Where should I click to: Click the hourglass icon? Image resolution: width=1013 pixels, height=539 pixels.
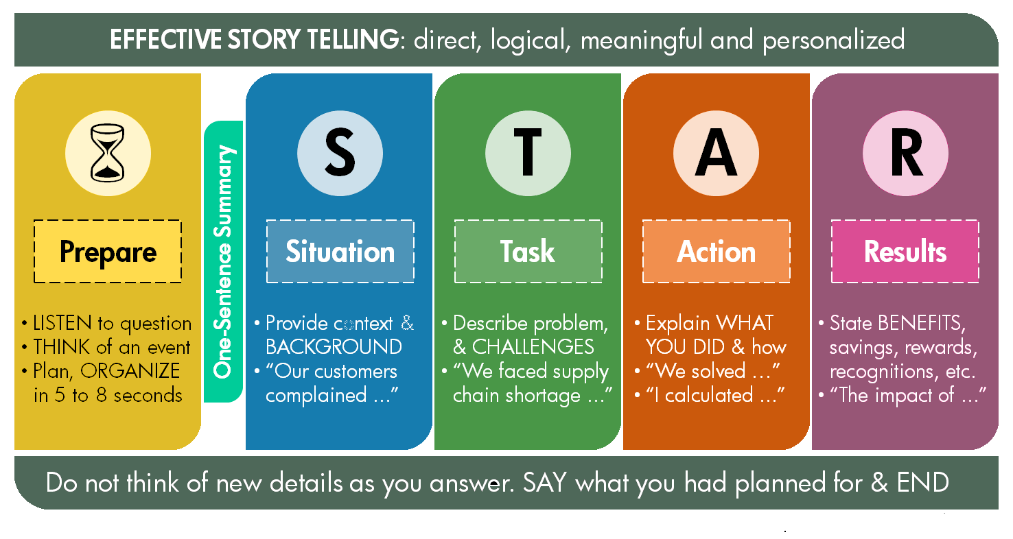click(108, 153)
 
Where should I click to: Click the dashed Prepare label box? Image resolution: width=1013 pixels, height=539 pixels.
click(108, 251)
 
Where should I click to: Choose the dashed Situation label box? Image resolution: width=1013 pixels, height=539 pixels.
click(340, 251)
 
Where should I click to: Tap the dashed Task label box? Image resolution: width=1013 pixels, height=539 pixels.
click(528, 251)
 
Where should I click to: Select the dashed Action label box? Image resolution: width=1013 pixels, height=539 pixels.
click(717, 251)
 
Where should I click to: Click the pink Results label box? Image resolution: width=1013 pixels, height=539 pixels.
click(905, 251)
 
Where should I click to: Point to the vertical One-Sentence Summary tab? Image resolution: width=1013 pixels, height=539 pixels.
click(224, 261)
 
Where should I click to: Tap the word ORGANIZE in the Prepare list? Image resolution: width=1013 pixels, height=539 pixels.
click(130, 372)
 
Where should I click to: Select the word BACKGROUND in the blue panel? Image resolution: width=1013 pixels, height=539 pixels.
click(334, 347)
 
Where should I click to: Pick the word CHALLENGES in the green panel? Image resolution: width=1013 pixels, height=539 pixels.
click(533, 347)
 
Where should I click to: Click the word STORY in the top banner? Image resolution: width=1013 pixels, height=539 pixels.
click(264, 39)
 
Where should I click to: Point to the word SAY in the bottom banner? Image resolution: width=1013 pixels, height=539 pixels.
click(544, 483)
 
